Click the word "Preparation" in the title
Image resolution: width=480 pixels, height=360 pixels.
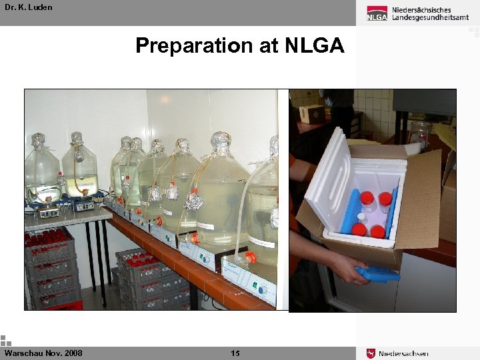pos(192,45)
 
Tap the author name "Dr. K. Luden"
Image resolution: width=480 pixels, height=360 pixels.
pos(27,7)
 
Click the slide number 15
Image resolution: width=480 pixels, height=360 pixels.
pos(235,353)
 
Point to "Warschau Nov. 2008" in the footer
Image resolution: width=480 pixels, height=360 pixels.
pos(43,353)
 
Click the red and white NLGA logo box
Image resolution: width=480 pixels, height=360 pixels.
pos(377,13)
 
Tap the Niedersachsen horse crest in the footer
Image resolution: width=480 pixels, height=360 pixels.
pos(371,353)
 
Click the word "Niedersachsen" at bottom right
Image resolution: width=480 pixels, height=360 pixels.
pos(403,353)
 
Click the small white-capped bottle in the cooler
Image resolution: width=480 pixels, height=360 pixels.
pos(361,219)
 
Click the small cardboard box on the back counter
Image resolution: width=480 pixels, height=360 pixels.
pos(311,113)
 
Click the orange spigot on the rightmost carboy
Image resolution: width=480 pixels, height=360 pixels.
pos(250,257)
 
